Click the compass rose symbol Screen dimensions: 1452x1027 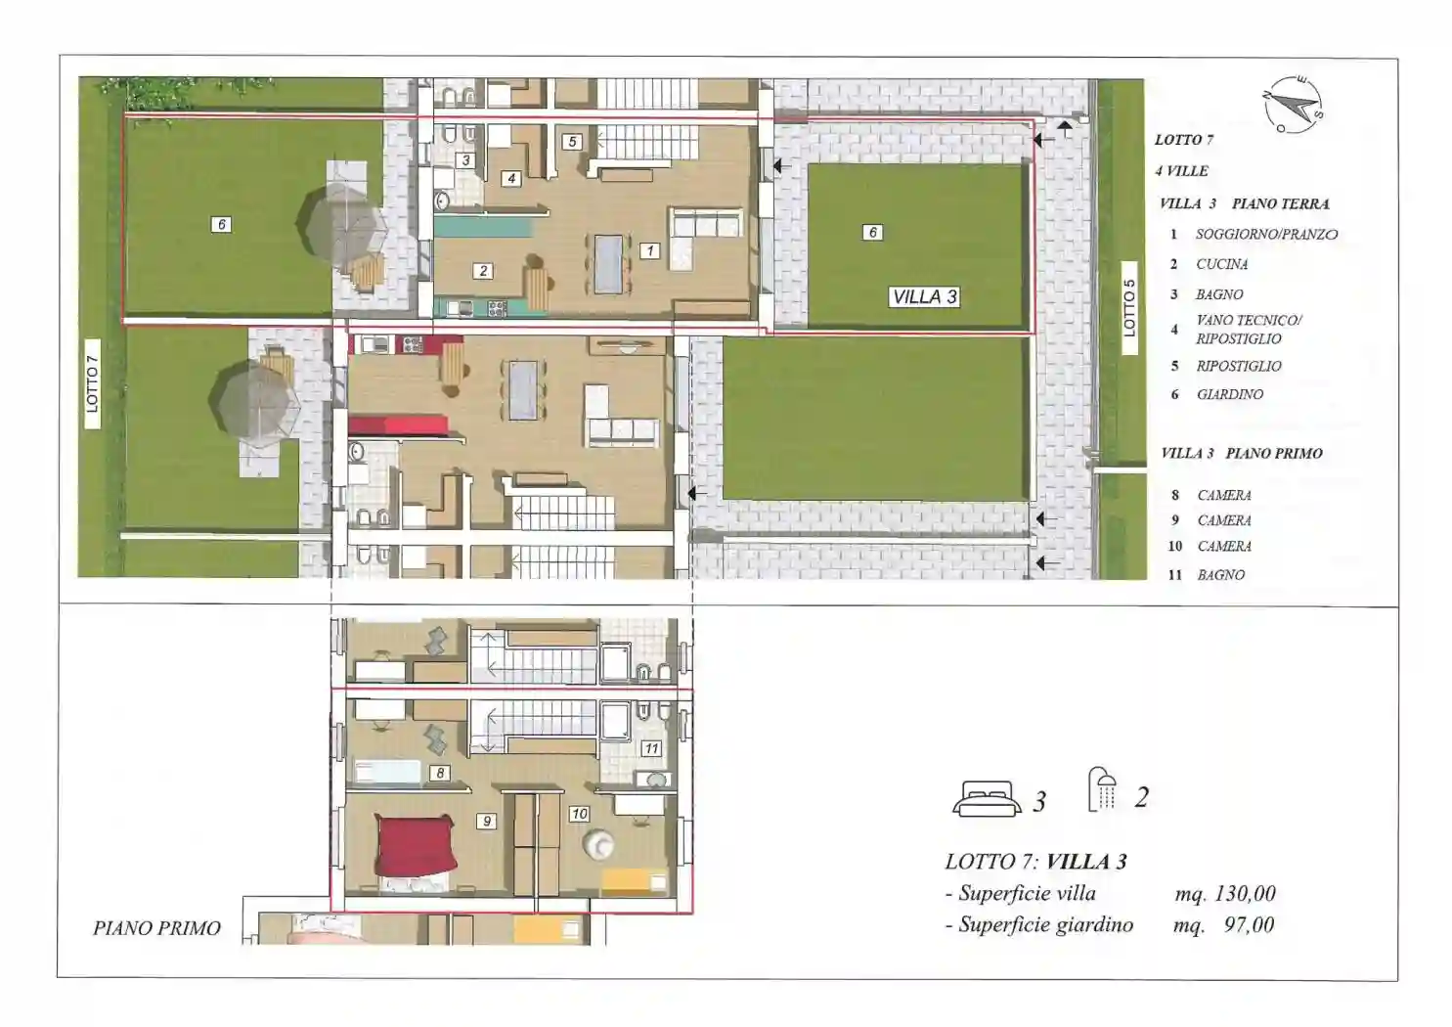pos(1293,105)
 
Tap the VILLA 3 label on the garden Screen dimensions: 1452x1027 pos(924,297)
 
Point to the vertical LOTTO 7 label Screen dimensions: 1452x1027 pos(92,383)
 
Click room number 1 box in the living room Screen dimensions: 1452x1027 pos(649,250)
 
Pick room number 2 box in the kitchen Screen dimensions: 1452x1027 pos(483,271)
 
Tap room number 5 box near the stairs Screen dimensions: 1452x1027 pos(571,142)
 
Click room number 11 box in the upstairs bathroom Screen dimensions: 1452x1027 pos(651,748)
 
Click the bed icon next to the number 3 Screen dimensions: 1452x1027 pos(983,797)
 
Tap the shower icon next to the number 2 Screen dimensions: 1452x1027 pos(1103,789)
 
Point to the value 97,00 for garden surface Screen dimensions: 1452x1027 pos(1249,924)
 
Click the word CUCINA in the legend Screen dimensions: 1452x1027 pos(1222,264)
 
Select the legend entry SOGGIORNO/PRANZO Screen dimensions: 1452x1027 pos(1266,234)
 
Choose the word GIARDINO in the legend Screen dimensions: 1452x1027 pos(1230,394)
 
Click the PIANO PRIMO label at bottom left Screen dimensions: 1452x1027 pos(156,928)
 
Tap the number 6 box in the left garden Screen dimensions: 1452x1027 pos(221,224)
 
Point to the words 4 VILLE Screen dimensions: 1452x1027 pos(1181,171)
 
